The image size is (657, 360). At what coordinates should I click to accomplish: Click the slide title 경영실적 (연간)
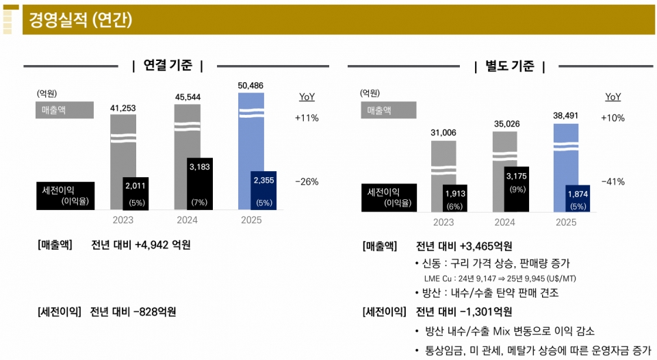coord(81,20)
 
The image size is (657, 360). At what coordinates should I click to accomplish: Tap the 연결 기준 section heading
coord(168,66)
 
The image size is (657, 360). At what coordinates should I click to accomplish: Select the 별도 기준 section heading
coord(509,66)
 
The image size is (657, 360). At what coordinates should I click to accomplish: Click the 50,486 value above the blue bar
coord(250,86)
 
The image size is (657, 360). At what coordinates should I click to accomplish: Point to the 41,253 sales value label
coord(123,107)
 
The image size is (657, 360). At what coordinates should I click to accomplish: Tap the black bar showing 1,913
coord(455,197)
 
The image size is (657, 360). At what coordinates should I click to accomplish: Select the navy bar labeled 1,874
coord(578,197)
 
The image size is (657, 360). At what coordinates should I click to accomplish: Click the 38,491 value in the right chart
coord(566,116)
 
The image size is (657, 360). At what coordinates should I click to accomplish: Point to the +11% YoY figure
coord(307,118)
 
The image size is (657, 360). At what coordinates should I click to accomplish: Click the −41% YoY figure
coord(613,181)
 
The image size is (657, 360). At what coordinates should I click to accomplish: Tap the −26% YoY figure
coord(307,181)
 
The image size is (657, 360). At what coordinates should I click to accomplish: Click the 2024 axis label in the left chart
coord(187,220)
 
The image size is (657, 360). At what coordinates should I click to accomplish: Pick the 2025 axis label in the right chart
coord(566,222)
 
